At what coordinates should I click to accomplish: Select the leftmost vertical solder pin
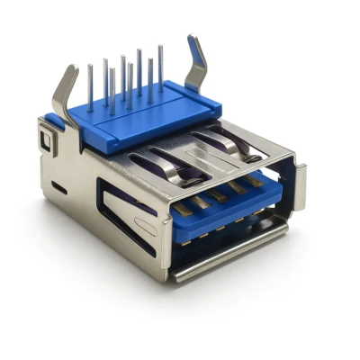click(90, 85)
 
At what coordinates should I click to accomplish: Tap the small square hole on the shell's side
click(45, 139)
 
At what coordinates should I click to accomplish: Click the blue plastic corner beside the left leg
click(56, 121)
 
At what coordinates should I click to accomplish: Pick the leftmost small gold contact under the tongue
click(192, 238)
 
